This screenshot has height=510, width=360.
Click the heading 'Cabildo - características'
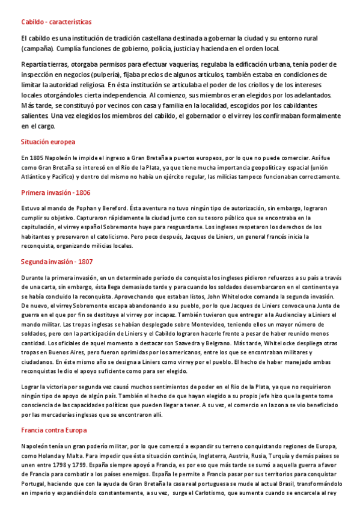coord(56,22)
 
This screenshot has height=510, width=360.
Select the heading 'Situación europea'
coord(48,142)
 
